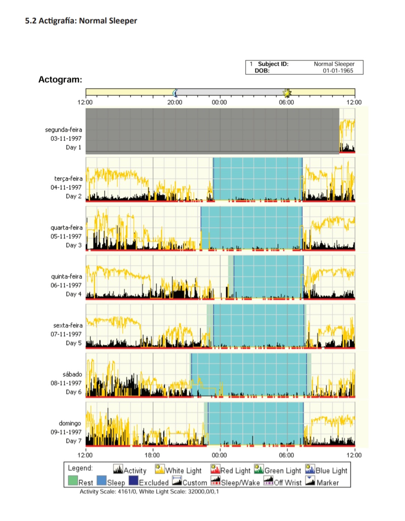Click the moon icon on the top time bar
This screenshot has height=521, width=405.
(175, 93)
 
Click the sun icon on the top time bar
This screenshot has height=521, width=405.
(287, 93)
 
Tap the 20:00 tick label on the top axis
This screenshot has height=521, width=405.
(175, 102)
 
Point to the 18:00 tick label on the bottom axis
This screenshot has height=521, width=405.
(152, 455)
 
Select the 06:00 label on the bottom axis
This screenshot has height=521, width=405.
(286, 455)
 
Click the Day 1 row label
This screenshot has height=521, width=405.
(73, 147)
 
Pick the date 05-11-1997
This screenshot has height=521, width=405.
(66, 237)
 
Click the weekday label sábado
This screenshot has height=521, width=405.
(72, 374)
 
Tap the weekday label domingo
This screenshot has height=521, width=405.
(70, 423)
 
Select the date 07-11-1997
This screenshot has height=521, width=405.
(66, 334)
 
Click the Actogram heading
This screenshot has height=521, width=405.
(60, 79)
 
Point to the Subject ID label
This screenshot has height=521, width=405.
(273, 64)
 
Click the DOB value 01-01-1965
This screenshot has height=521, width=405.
(338, 70)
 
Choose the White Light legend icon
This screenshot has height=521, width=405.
(160, 469)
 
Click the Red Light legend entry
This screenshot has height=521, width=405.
(231, 470)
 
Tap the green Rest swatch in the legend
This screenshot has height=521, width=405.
(73, 481)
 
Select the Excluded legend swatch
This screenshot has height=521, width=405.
(133, 481)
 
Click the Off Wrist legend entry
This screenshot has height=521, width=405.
(283, 482)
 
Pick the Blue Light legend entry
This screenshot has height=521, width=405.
(327, 470)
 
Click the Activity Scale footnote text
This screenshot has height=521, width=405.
(149, 491)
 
